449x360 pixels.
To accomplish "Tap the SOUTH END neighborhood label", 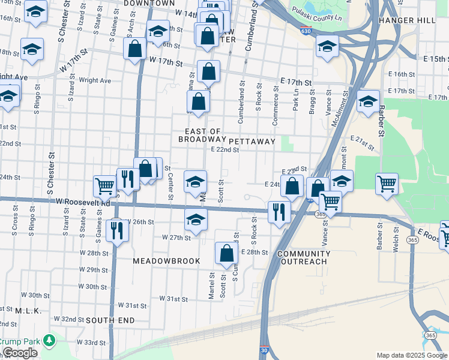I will (110, 320).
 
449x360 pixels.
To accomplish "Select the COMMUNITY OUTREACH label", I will (304, 257).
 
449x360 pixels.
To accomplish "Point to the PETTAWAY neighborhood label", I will (252, 142).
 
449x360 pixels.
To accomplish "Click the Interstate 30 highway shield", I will (265, 350).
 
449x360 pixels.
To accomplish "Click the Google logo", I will (20, 353).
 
